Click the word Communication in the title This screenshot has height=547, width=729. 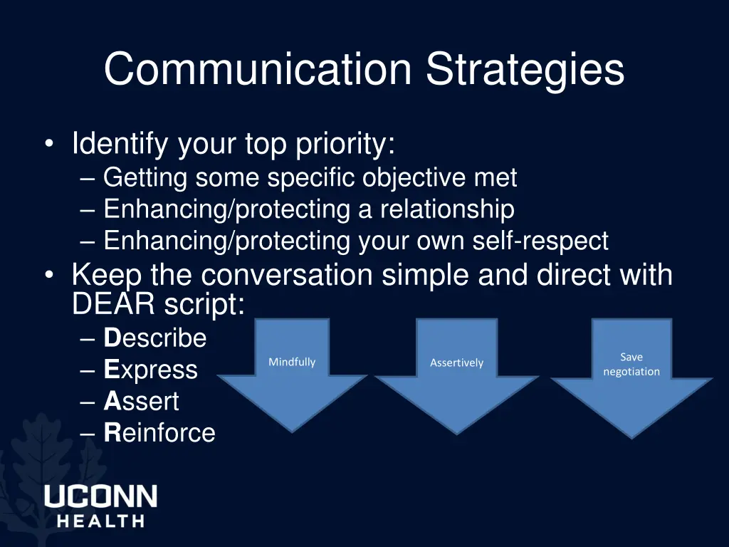(257, 70)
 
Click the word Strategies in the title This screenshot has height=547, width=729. (525, 70)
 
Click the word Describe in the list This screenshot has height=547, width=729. (155, 338)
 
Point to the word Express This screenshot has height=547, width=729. (150, 370)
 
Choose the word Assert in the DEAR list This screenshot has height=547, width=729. (142, 401)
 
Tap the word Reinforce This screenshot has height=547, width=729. (159, 432)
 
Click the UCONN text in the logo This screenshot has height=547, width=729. (100, 496)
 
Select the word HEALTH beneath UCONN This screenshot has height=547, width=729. (100, 521)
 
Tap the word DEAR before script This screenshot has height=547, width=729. (114, 305)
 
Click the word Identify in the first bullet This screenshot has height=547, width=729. (120, 145)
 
